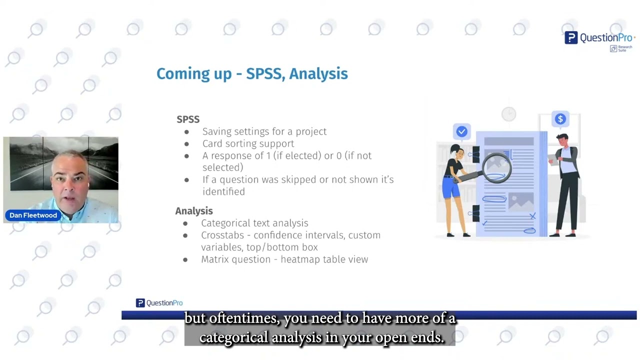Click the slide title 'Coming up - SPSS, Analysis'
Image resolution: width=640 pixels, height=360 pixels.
tap(252, 73)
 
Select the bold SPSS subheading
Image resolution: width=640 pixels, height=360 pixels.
tap(188, 119)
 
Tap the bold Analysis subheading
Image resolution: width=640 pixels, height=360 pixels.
tap(194, 211)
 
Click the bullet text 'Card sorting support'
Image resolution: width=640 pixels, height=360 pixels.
tap(248, 143)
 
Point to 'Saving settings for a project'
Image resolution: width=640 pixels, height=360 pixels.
tap(264, 131)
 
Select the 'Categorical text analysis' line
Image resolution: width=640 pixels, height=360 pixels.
tap(254, 223)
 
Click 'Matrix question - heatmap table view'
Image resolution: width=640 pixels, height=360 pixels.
tap(284, 259)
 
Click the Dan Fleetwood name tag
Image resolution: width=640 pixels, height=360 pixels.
tap(33, 215)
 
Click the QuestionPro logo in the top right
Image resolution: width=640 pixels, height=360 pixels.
tap(599, 37)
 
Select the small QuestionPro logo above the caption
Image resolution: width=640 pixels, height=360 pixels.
tap(159, 303)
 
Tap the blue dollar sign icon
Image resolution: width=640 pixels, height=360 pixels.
tap(560, 119)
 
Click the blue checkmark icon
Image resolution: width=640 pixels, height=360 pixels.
tap(461, 131)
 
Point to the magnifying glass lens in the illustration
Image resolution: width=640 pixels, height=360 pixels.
tap(496, 166)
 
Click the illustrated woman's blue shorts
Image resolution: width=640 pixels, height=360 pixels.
tap(451, 187)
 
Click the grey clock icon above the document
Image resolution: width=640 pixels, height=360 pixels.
tap(508, 114)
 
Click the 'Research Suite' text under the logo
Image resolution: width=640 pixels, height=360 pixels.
tap(624, 48)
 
